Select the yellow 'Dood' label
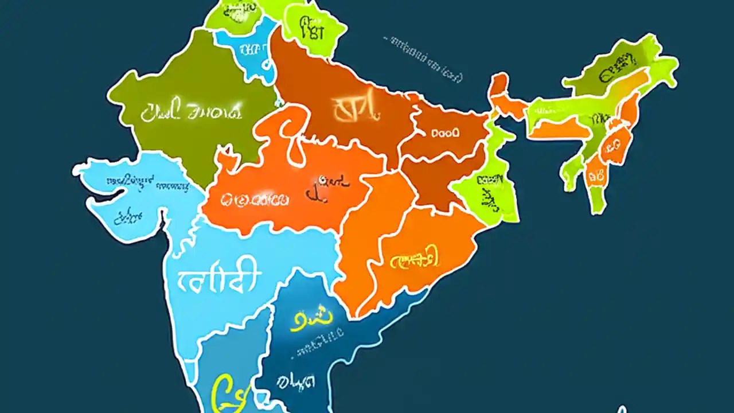coord(445,133)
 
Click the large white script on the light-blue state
coord(217,280)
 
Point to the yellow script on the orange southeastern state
coord(415,260)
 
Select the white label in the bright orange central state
coord(256,199)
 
